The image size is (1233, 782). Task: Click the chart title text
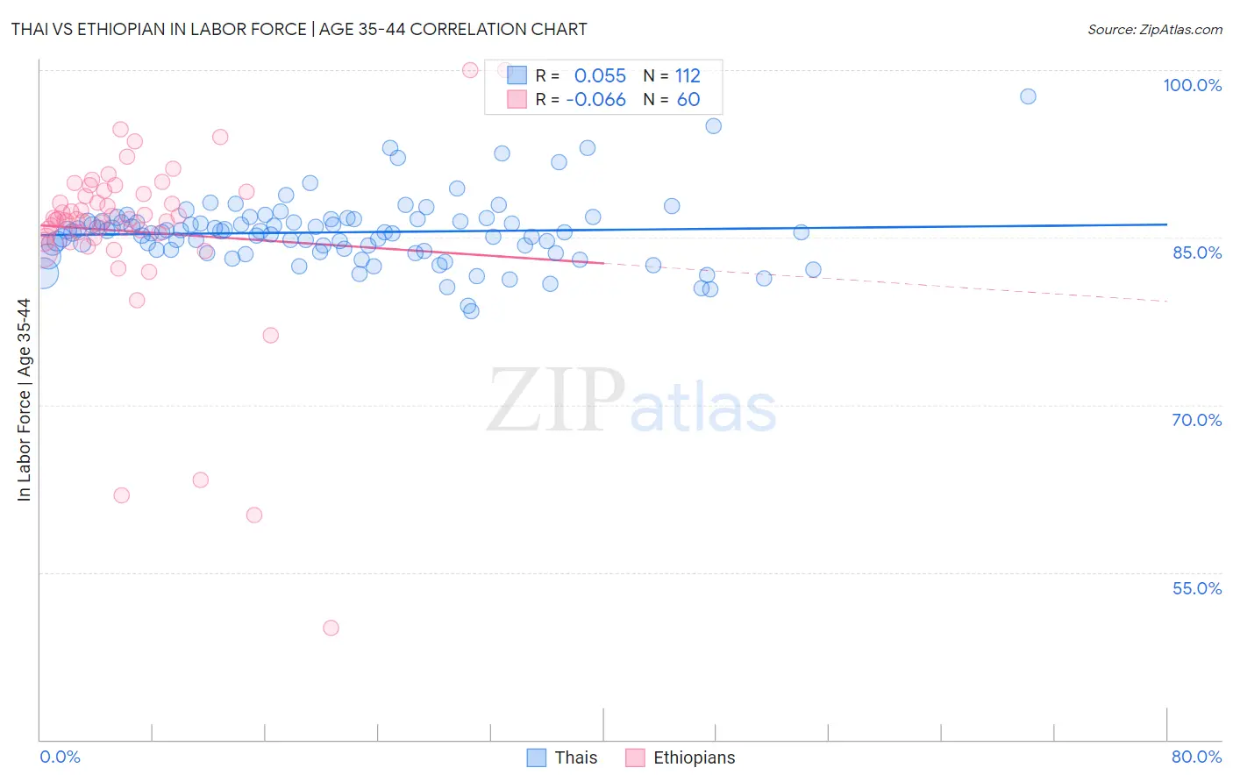click(299, 29)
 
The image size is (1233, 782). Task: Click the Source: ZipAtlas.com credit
click(1154, 29)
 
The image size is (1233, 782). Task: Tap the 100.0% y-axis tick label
click(1192, 85)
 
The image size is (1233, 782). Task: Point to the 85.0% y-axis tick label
click(1197, 252)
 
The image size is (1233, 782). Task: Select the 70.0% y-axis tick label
click(1196, 420)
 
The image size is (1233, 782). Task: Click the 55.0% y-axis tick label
click(1196, 588)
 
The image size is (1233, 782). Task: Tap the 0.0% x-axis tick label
click(60, 757)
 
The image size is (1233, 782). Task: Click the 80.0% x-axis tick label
click(1196, 757)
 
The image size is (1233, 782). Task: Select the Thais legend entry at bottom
click(562, 757)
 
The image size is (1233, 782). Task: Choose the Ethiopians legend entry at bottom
click(681, 757)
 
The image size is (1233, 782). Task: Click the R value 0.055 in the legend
click(600, 76)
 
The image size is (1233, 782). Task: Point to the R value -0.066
click(595, 100)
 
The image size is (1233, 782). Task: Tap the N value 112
click(688, 76)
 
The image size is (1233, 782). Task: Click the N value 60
click(688, 100)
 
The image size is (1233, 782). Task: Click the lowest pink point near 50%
click(331, 628)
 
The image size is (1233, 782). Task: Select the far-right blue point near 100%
click(1028, 96)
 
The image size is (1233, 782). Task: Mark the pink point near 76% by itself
click(270, 335)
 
